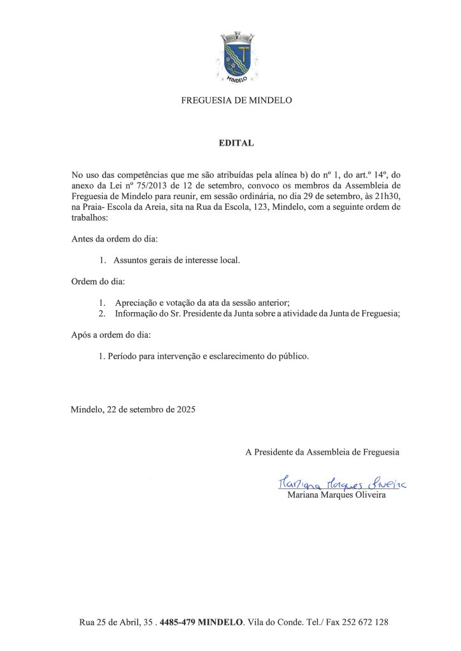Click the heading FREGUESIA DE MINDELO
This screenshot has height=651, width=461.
point(236,100)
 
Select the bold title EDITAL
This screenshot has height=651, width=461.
point(236,143)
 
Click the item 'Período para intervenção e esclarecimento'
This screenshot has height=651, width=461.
point(204,356)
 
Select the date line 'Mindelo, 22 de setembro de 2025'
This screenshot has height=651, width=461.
point(133,410)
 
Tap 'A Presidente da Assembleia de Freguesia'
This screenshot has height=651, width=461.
point(322,452)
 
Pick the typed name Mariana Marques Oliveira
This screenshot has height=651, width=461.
point(337,495)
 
